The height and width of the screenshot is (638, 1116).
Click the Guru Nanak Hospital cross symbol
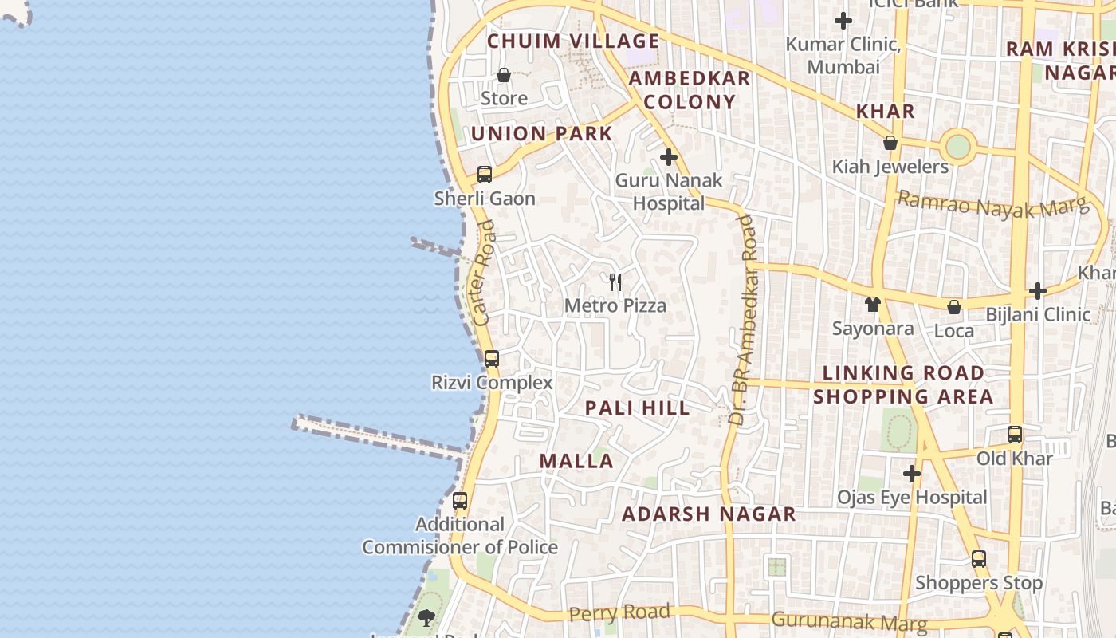669,157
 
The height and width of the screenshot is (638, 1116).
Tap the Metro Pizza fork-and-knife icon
615,282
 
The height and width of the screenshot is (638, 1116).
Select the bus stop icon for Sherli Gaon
485,174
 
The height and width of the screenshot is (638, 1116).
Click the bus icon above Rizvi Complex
492,358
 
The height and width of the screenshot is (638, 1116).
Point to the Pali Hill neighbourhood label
637,408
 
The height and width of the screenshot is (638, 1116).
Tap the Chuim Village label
573,41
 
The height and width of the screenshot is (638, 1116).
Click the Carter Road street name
484,273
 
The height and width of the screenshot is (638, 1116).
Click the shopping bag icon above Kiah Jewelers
890,143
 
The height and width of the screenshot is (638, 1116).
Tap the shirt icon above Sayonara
873,304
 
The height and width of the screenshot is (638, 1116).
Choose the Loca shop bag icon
954,307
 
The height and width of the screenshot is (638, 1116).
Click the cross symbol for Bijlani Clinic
1037,291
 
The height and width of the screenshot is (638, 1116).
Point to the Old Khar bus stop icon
1015,435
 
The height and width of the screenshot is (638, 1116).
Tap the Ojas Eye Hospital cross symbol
912,474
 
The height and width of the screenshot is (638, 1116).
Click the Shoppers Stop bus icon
979,558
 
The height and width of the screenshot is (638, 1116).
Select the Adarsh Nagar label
709,514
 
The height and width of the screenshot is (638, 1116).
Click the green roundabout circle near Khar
957,147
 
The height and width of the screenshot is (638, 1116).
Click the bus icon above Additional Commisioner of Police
460,501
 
